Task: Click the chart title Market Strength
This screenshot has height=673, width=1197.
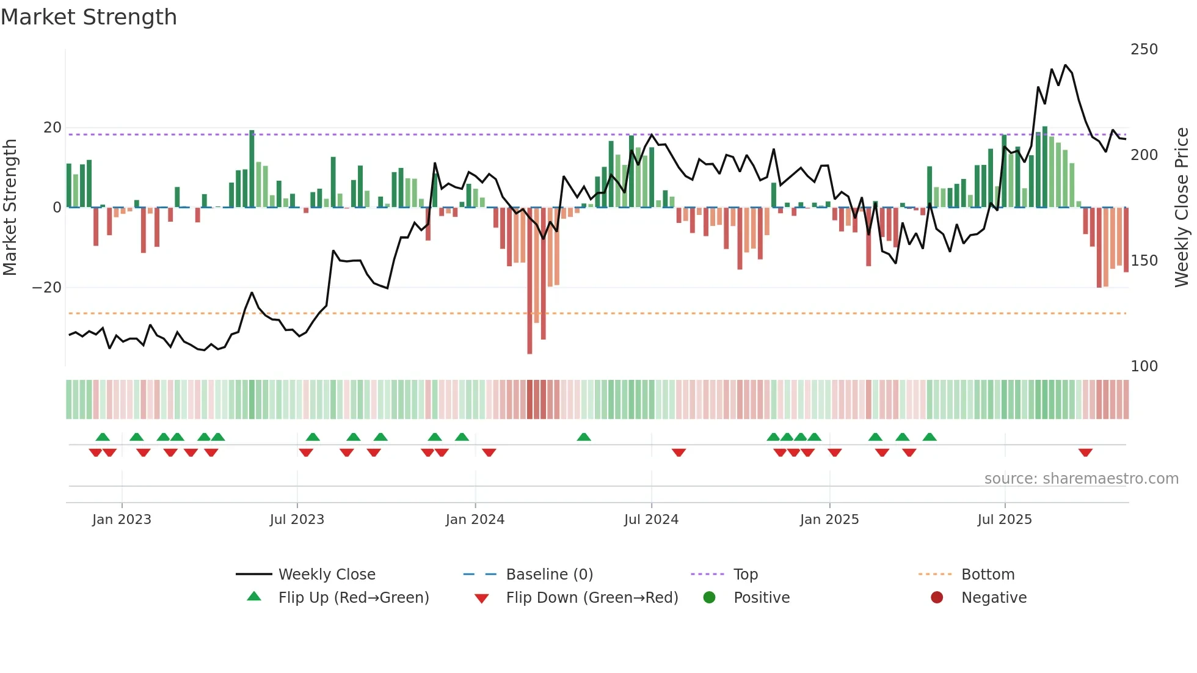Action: click(89, 17)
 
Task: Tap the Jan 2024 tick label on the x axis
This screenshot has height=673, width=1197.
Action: click(475, 520)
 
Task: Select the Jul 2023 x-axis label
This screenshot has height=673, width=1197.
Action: click(297, 520)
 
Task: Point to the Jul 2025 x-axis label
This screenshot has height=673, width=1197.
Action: click(1005, 520)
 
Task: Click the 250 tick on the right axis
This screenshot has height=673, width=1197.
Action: click(1144, 49)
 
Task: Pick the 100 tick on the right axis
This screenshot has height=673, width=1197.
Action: click(1144, 366)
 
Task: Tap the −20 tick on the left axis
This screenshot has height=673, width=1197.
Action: click(47, 288)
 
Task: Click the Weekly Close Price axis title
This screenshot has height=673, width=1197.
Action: click(1182, 208)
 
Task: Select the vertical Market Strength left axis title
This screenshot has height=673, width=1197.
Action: click(10, 208)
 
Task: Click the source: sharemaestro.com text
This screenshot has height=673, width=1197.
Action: click(1081, 479)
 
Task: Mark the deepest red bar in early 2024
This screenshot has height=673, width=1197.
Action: click(529, 281)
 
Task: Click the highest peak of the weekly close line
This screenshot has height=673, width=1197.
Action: click(1065, 65)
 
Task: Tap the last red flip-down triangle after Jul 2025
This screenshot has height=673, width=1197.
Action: click(1085, 453)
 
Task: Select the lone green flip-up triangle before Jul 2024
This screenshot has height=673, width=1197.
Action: click(584, 437)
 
